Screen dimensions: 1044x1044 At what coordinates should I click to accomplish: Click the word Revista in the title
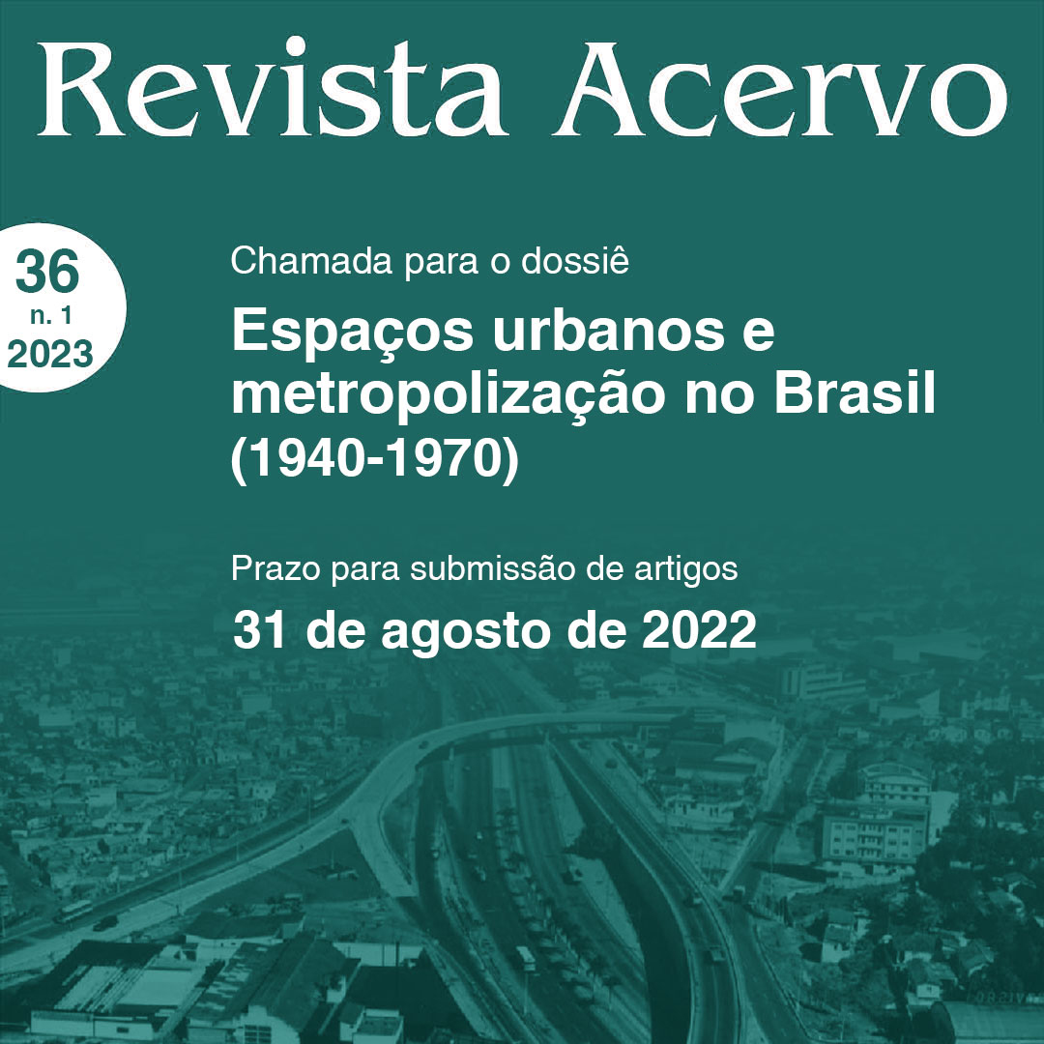pos(273,89)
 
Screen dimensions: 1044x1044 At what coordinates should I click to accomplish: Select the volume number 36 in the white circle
pos(47,272)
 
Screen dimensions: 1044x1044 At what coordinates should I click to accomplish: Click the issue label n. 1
pos(50,315)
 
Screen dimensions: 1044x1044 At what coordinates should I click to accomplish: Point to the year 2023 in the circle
pos(50,354)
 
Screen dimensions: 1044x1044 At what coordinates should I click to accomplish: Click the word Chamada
pos(311,260)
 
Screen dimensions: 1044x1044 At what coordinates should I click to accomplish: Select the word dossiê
pos(574,260)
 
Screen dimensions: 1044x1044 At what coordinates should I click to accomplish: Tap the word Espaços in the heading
pos(352,333)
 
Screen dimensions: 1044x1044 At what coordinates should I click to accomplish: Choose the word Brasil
pos(855,392)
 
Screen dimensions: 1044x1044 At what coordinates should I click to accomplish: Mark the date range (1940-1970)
pos(374,459)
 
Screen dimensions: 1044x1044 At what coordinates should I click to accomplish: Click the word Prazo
pos(275,568)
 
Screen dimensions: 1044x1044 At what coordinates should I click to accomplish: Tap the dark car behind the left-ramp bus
pos(105,923)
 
